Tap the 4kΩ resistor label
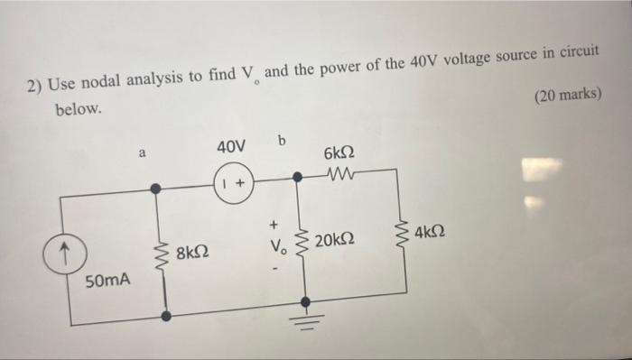pos(434,236)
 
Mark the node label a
pos(142,153)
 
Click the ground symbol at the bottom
pos(304,325)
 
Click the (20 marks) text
pos(567,95)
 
